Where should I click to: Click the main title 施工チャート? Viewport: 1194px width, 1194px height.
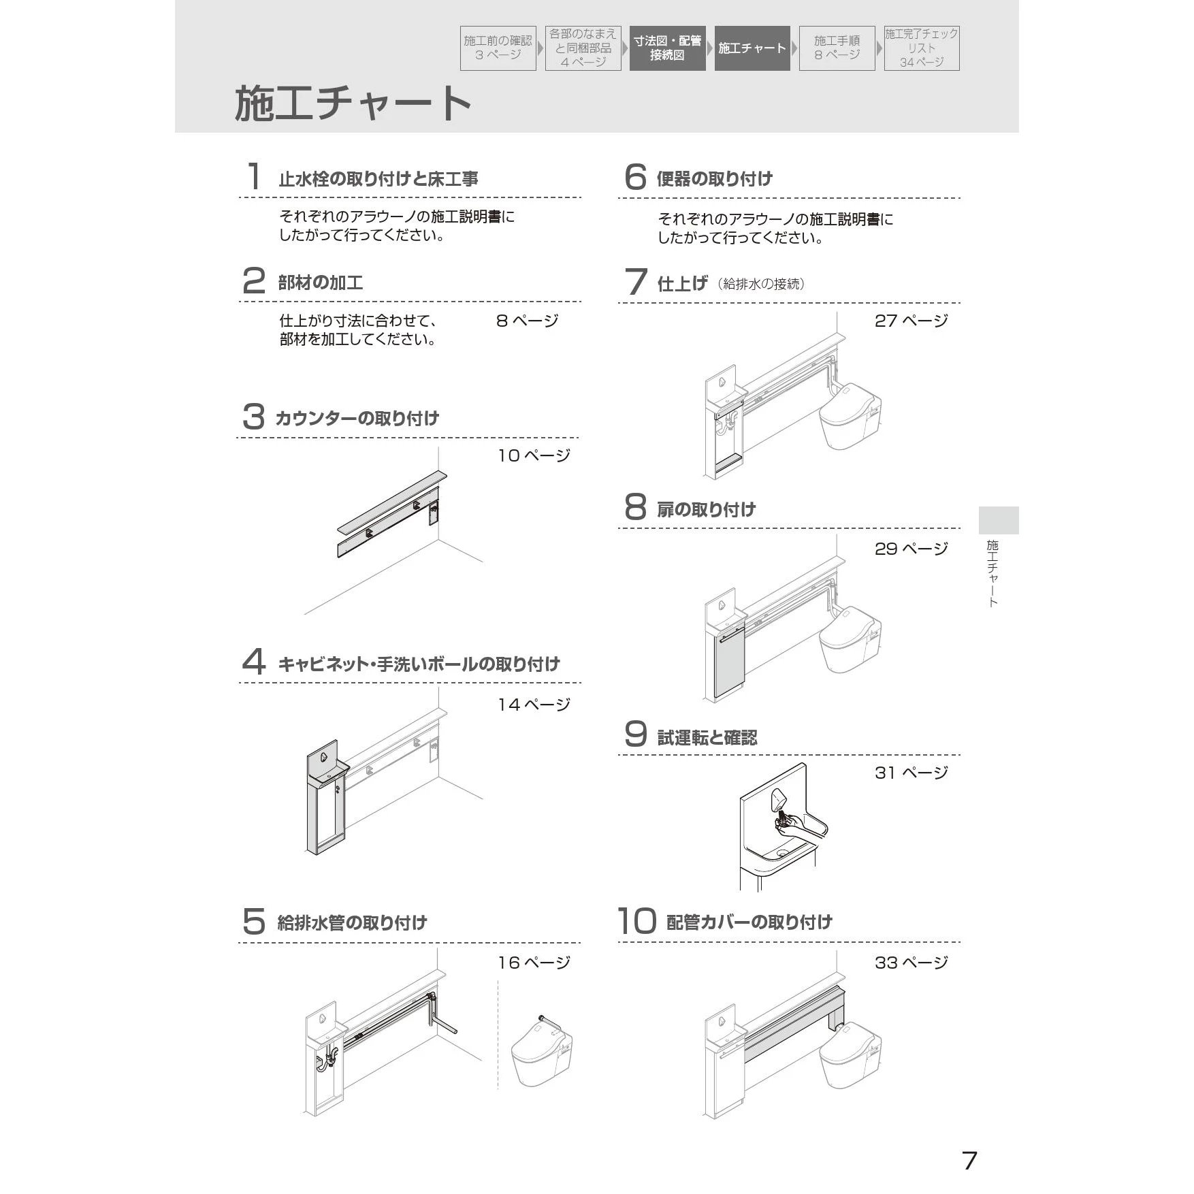(x=353, y=103)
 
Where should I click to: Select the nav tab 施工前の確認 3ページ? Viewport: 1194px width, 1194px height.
(x=498, y=48)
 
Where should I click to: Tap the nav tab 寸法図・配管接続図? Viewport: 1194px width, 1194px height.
(x=667, y=48)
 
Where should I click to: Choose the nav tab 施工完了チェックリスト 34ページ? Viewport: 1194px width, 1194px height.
(x=921, y=48)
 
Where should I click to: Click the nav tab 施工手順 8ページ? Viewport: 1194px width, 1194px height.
(x=837, y=48)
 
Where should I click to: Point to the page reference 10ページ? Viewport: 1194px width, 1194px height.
(x=534, y=455)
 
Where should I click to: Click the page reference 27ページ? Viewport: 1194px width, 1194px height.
(x=911, y=321)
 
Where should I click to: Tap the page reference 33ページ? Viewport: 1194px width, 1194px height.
(x=911, y=963)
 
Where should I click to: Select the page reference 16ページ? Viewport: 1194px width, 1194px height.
(x=534, y=963)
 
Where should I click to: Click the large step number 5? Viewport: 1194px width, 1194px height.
(x=253, y=922)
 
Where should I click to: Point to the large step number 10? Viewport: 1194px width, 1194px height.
(x=636, y=921)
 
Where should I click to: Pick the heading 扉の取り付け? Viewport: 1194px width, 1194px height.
(x=706, y=509)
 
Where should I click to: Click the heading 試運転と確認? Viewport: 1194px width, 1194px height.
(x=707, y=737)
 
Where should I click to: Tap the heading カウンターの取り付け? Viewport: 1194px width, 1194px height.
(x=357, y=418)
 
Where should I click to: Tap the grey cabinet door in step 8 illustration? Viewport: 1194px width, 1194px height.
(x=729, y=664)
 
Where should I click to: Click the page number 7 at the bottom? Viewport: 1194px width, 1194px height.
(x=969, y=1160)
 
